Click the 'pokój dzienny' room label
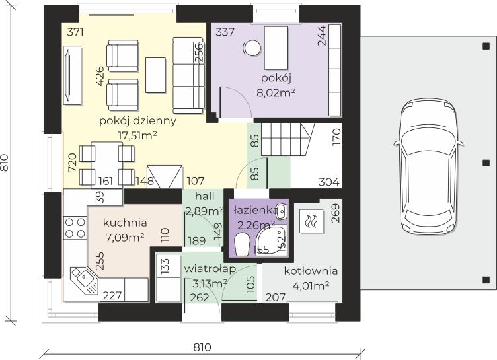137,121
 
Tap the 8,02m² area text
276,93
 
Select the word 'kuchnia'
125,223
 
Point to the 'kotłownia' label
311,271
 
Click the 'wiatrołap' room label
210,269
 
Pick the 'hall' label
205,196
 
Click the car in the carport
428,166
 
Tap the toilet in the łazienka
243,244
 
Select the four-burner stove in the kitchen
75,228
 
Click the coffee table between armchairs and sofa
155,75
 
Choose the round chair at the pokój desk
252,48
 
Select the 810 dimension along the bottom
202,347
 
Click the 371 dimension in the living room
75,32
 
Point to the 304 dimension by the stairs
329,182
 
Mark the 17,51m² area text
137,135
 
